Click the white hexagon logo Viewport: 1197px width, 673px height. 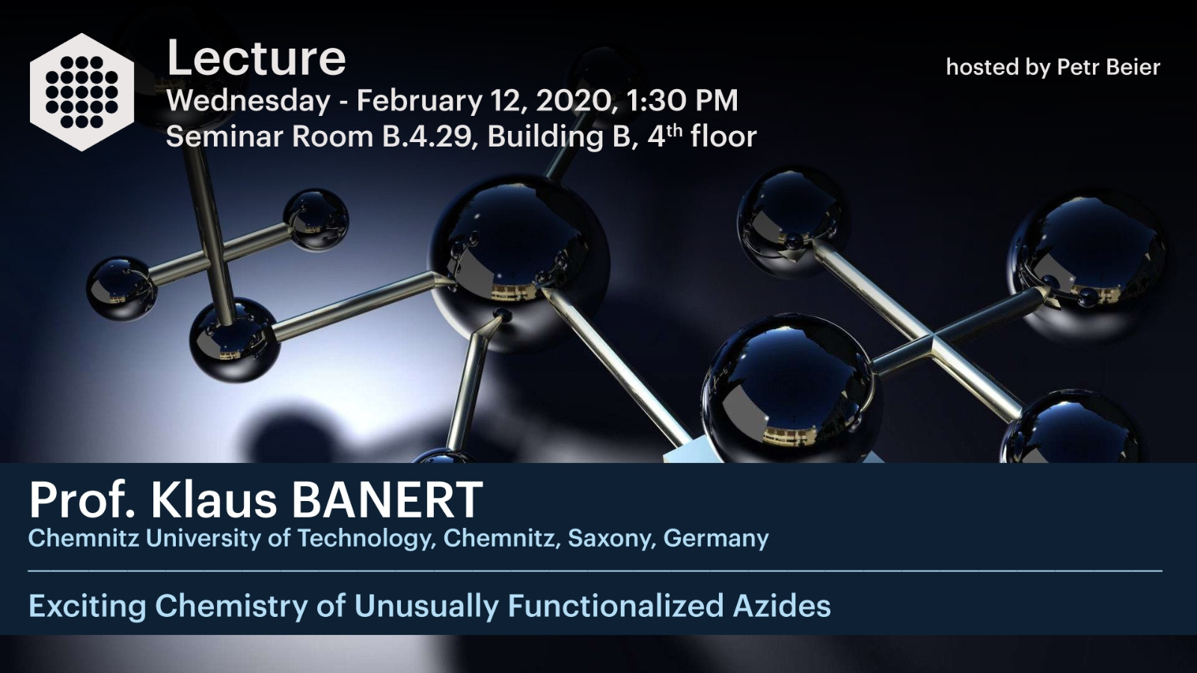pos(82,92)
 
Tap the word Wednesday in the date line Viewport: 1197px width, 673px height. pos(248,101)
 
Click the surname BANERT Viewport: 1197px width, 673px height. pos(387,500)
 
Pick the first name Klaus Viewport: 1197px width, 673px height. pos(214,500)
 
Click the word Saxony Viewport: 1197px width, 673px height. pos(611,538)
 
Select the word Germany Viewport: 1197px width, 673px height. pos(716,538)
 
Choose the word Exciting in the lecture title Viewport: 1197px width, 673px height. pos(87,606)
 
